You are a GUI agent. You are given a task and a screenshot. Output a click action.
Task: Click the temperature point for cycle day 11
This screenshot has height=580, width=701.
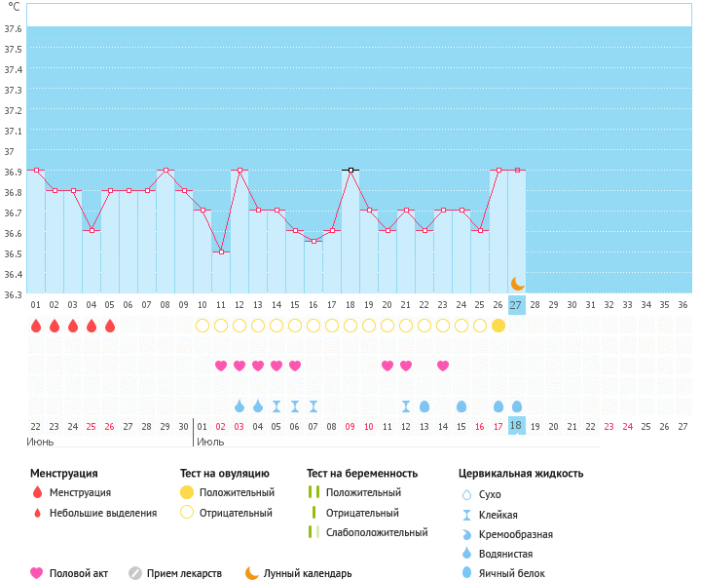pyautogui.click(x=221, y=251)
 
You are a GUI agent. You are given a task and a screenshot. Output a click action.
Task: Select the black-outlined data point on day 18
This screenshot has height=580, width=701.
pyautogui.click(x=350, y=170)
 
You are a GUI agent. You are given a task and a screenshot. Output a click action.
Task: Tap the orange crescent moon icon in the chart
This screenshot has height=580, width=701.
pyautogui.click(x=517, y=284)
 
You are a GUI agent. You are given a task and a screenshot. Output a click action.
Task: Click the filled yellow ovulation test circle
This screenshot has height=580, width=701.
pyautogui.click(x=498, y=326)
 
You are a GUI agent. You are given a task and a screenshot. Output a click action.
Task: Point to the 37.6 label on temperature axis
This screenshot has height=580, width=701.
pyautogui.click(x=13, y=28)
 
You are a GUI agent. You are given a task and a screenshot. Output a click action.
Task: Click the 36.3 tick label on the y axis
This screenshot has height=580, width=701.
pyautogui.click(x=13, y=294)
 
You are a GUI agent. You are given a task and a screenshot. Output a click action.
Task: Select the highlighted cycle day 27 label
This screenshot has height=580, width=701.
pyautogui.click(x=515, y=305)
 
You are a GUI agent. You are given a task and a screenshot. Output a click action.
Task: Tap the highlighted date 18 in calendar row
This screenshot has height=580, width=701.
pyautogui.click(x=515, y=426)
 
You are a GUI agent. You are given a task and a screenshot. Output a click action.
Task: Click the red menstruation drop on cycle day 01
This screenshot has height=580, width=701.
pyautogui.click(x=36, y=326)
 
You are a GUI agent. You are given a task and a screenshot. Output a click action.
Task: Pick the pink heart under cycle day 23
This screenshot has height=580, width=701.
pyautogui.click(x=443, y=366)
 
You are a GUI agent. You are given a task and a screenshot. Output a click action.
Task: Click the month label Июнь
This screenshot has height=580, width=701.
pyautogui.click(x=40, y=442)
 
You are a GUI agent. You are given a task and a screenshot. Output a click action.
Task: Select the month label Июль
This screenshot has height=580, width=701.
pyautogui.click(x=210, y=442)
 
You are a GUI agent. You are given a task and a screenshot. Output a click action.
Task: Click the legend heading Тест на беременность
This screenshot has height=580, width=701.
pyautogui.click(x=362, y=474)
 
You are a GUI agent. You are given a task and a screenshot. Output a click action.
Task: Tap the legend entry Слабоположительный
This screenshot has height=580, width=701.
pyautogui.click(x=377, y=532)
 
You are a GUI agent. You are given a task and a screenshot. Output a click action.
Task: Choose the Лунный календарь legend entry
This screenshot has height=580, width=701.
pyautogui.click(x=308, y=573)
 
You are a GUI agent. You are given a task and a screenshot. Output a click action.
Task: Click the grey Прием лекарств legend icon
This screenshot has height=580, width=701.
pyautogui.click(x=135, y=573)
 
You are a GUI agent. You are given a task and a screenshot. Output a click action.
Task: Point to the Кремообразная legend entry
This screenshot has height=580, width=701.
pyautogui.click(x=516, y=534)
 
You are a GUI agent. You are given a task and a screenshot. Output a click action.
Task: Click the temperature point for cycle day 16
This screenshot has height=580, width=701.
pyautogui.click(x=314, y=241)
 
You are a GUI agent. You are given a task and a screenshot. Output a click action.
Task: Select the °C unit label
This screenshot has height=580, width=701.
pyautogui.click(x=14, y=7)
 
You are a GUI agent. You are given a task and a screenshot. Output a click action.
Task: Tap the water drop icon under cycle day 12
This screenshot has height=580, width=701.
pyautogui.click(x=240, y=406)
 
